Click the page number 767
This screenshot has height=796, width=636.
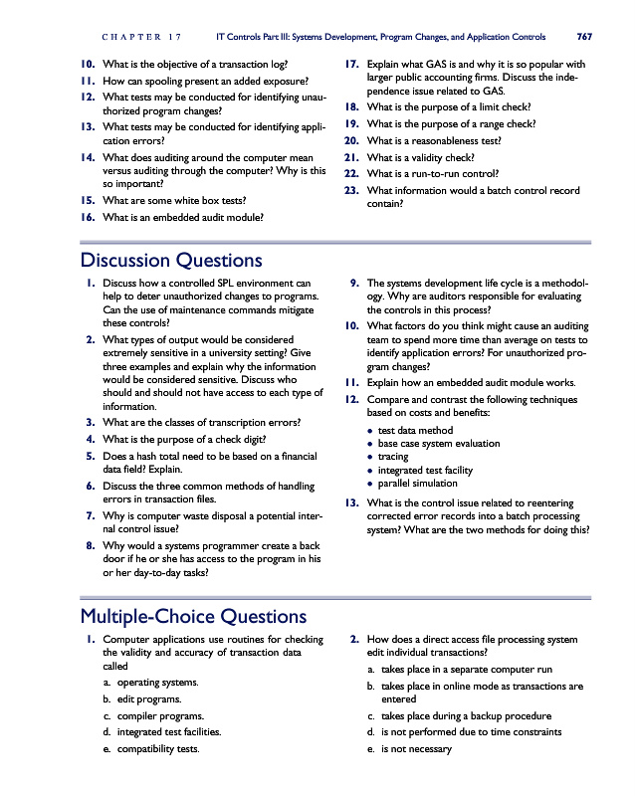tap(584, 37)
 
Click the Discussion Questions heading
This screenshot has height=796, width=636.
tap(169, 261)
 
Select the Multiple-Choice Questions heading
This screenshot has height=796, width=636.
tap(192, 616)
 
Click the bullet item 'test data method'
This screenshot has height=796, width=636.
tap(415, 430)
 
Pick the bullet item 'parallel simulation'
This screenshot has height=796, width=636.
tap(421, 484)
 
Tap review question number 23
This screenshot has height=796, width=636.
tap(350, 190)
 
